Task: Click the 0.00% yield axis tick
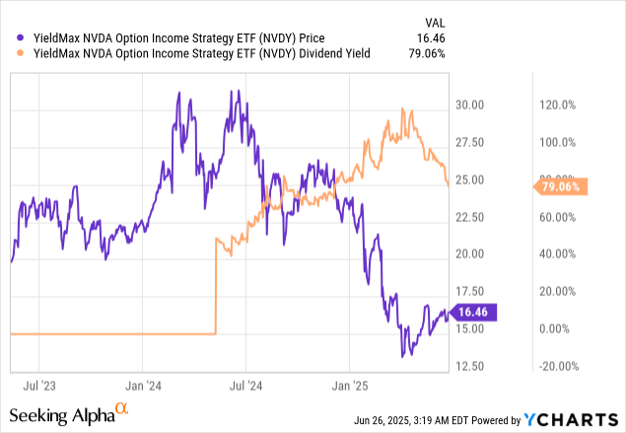[x=558, y=329]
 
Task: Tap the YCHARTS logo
[x=578, y=417]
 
